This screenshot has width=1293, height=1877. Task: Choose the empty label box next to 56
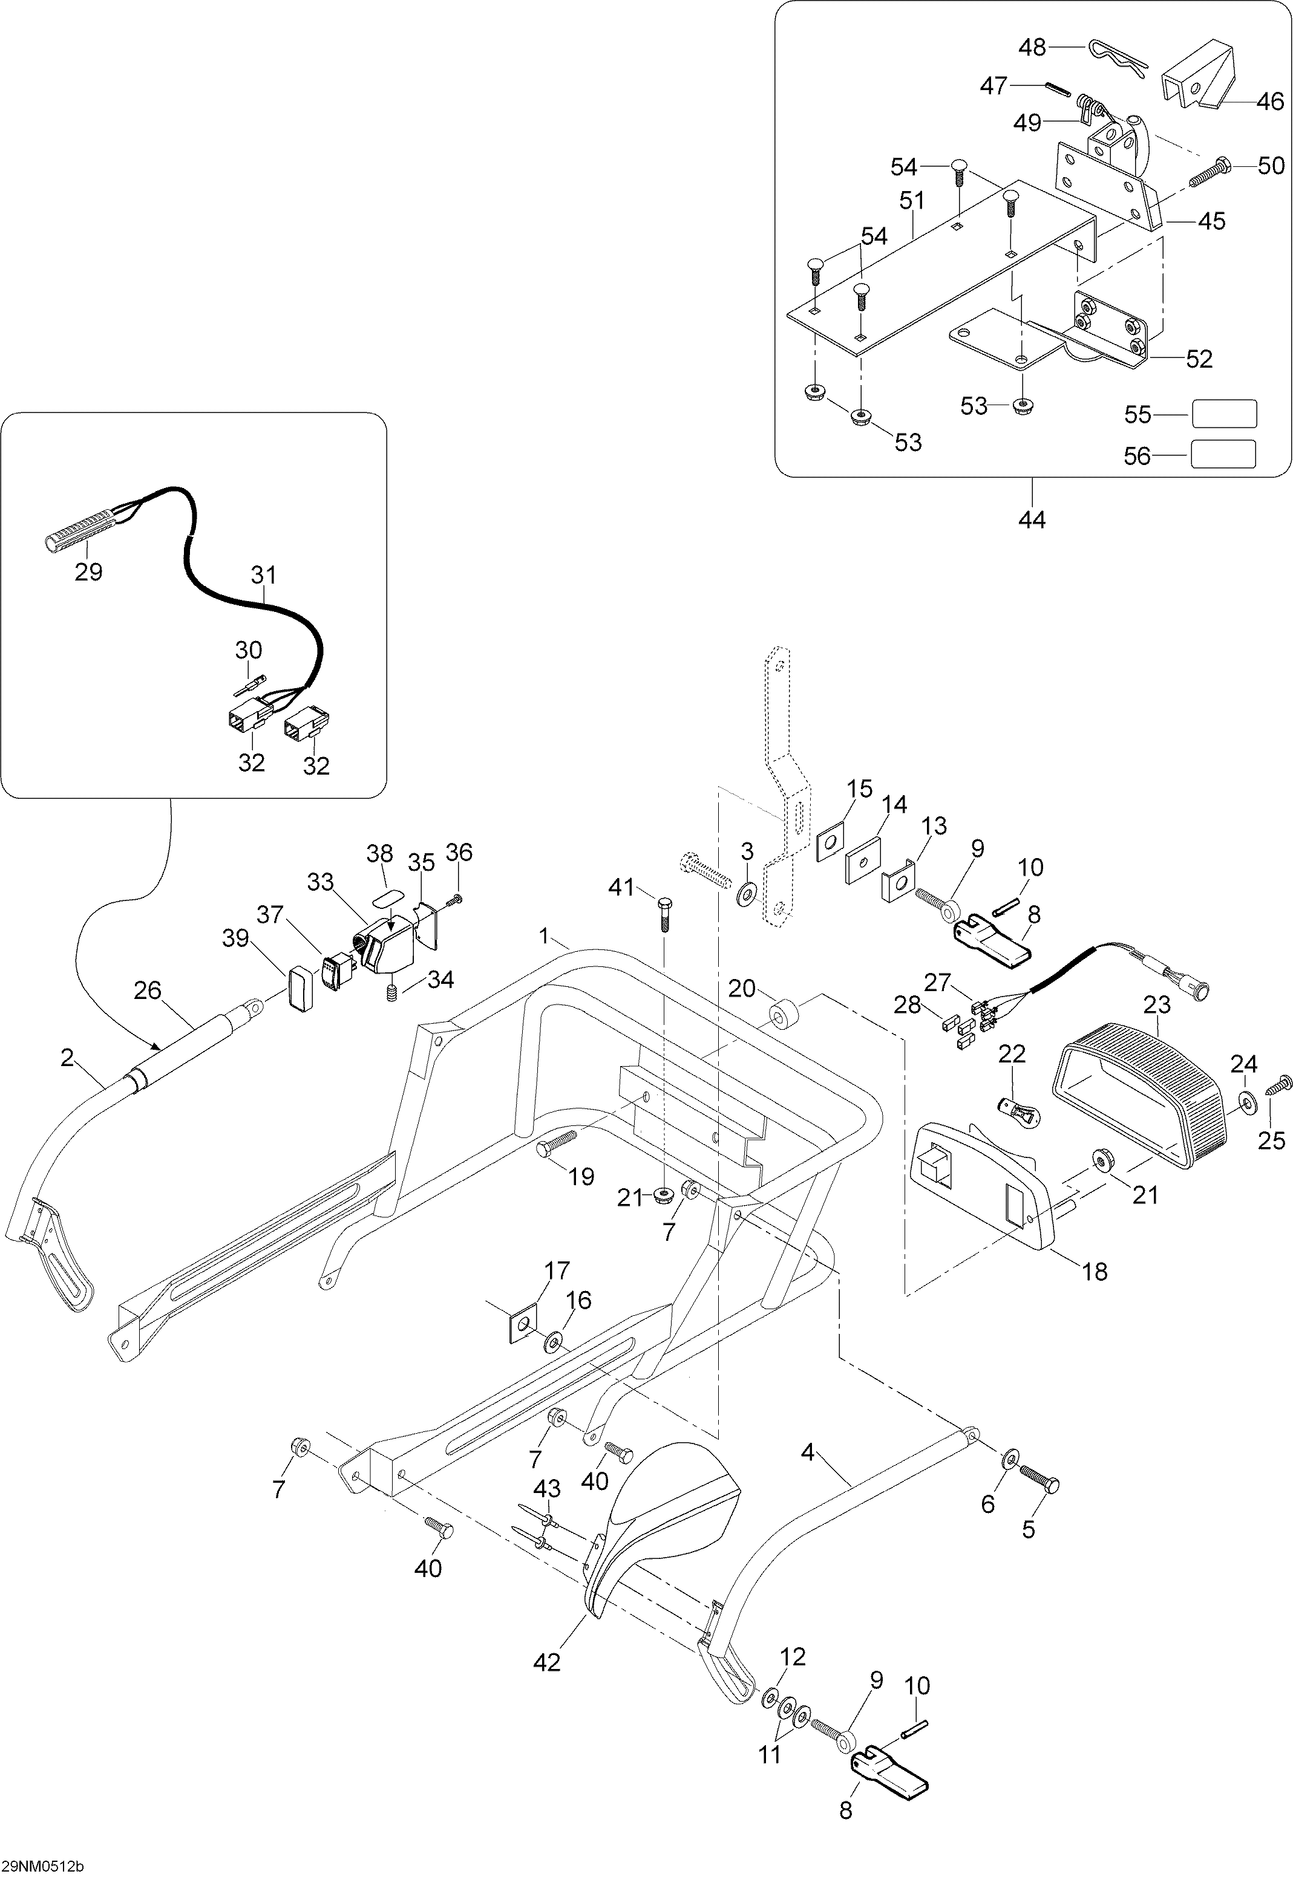pos(1223,454)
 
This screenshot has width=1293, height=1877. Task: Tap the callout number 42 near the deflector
pos(548,1662)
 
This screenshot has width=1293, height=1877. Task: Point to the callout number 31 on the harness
pos(263,575)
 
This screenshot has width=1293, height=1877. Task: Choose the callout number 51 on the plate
pos(912,200)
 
